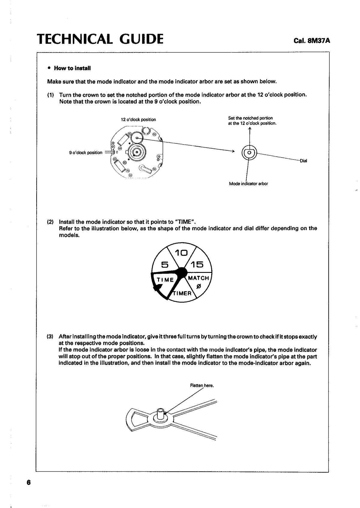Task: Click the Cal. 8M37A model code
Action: click(312, 40)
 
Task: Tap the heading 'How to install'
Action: click(72, 68)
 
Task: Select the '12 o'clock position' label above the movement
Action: click(138, 120)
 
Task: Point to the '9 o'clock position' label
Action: click(85, 153)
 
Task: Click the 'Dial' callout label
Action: click(303, 161)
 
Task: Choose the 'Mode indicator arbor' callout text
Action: click(248, 184)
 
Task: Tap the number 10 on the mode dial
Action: click(181, 253)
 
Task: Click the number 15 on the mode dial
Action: click(197, 264)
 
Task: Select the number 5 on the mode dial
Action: click(165, 264)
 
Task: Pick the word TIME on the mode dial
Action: click(165, 280)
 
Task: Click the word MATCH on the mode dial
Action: click(198, 278)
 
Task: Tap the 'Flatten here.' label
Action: click(202, 386)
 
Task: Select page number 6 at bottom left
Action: click(28, 483)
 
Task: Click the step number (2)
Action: click(50, 222)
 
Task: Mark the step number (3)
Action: click(50, 337)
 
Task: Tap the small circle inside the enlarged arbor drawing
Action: click(249, 153)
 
